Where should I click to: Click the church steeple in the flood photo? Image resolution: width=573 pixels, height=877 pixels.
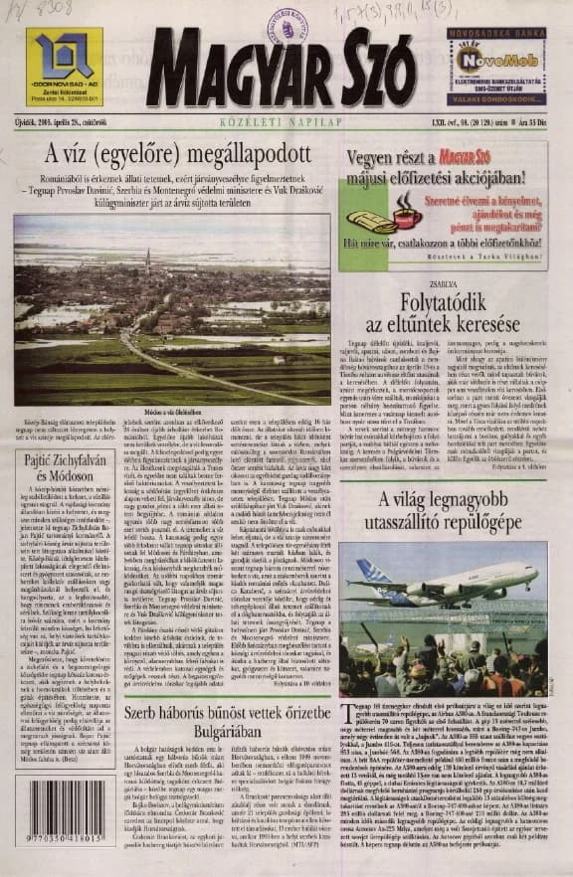(147, 261)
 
